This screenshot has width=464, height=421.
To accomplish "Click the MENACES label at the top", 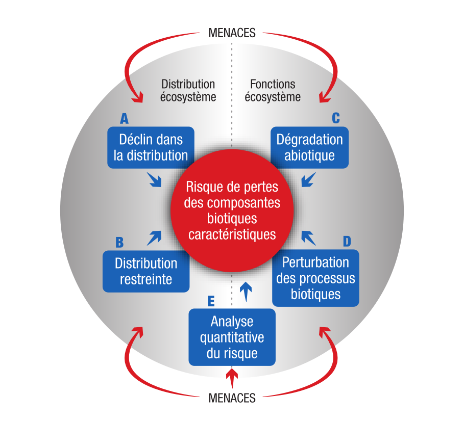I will coord(232,33).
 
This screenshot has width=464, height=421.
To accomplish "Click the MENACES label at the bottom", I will coord(232,398).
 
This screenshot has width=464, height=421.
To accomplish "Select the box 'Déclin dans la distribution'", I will coord(151,147).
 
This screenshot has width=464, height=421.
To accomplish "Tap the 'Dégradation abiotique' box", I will coord(309,147).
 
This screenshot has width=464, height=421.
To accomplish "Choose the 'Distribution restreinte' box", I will coord(146,271).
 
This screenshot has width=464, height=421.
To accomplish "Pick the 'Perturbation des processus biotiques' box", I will coord(315,278).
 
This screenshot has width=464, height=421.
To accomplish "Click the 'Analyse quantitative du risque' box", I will coord(232,337).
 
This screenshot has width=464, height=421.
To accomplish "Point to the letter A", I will coord(124,119).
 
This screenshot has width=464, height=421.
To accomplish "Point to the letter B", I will coord(119,242).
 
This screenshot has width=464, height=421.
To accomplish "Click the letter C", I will coord(336,118).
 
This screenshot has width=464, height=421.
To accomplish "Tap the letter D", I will coord(347,241).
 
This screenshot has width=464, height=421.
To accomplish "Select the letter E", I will coord(210,301).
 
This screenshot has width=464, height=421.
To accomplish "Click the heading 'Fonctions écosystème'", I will coord(273,90).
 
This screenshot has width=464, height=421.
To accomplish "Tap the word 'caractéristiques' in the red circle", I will coord(232,234).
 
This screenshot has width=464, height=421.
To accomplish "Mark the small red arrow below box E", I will coord(232,378).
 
